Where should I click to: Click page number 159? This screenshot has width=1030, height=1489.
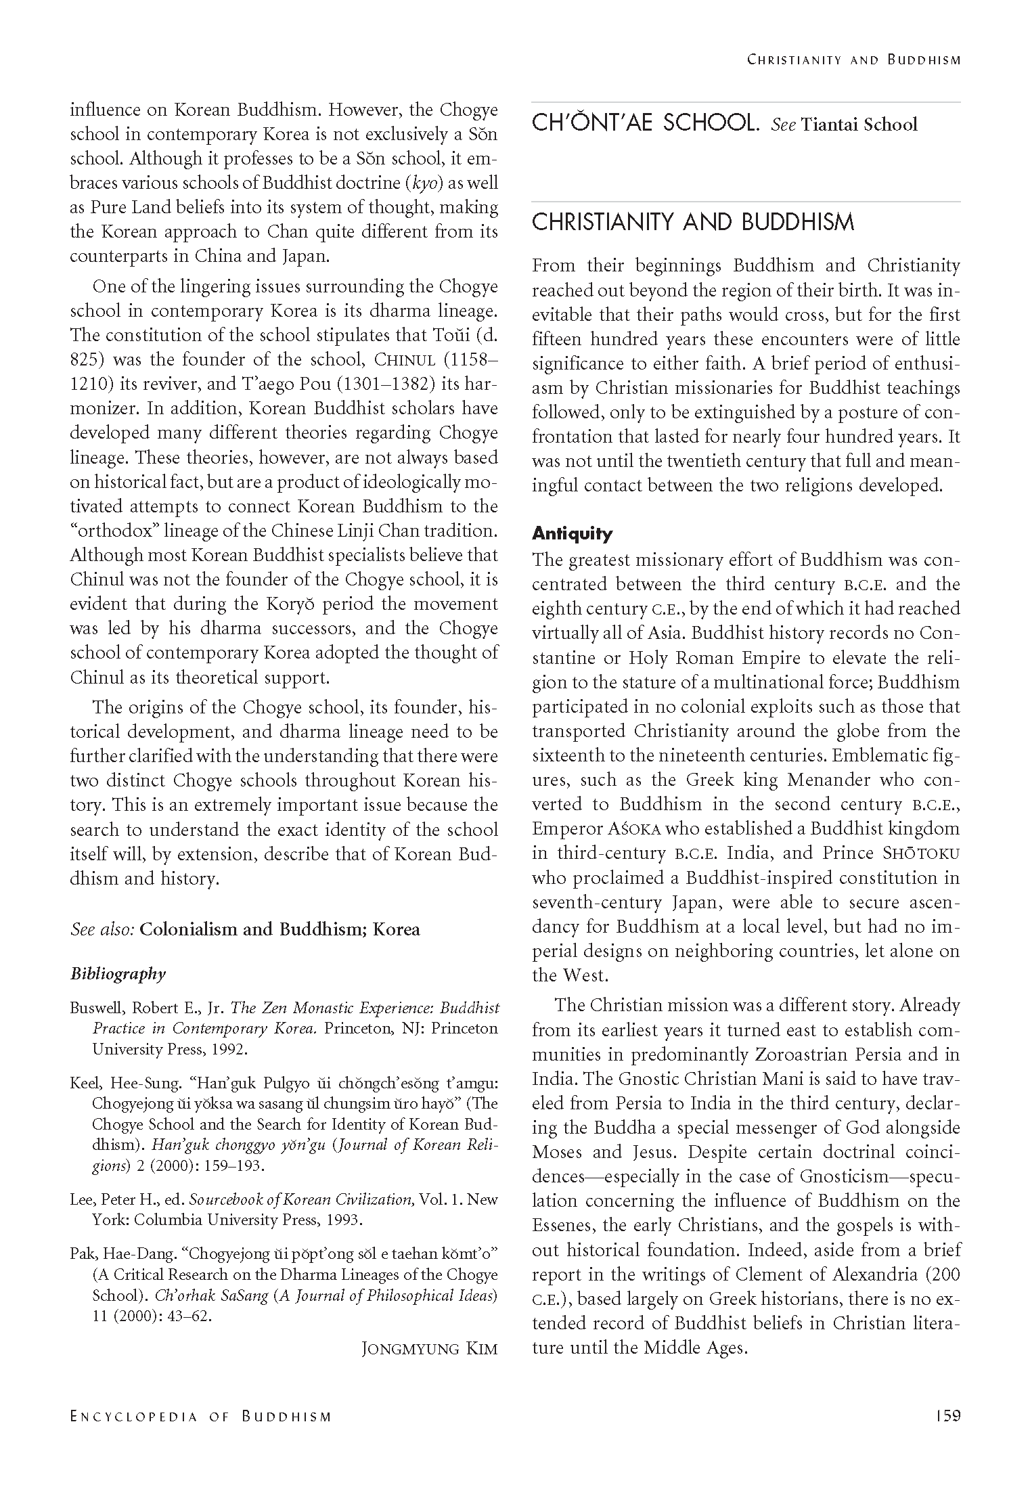947,1415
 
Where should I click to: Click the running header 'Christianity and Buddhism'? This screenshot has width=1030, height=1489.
853,60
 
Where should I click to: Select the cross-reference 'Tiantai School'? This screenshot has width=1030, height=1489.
859,125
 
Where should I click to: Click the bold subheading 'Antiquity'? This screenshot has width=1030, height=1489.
572,534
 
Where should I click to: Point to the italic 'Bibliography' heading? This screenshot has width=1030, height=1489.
118,974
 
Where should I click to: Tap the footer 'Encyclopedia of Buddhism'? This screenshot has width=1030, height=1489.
201,1417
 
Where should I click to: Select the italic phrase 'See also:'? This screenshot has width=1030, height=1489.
102,929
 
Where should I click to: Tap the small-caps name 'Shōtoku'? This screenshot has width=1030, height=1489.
926,853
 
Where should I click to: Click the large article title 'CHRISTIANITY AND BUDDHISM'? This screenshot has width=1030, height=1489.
693,223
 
